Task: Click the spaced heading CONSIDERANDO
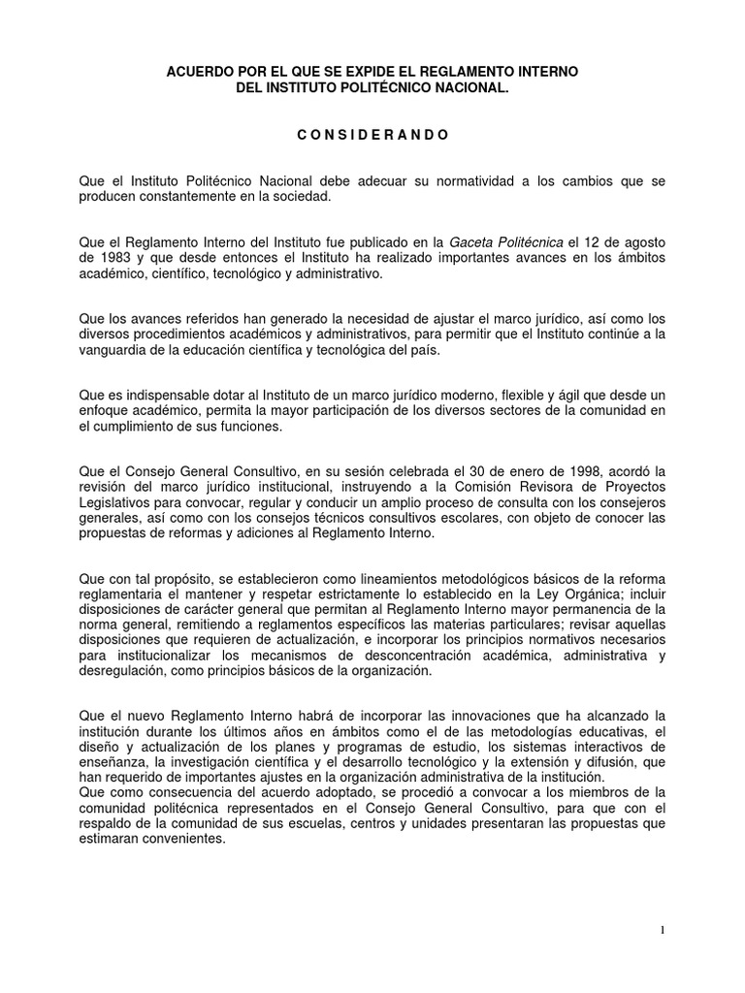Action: (372, 135)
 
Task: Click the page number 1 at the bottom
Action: (662, 931)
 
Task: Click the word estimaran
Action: (110, 842)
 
